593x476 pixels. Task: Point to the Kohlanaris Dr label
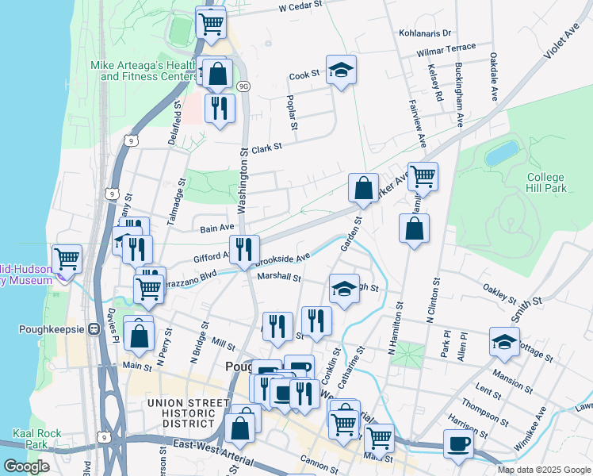[x=425, y=33]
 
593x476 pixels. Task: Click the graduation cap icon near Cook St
[x=341, y=70]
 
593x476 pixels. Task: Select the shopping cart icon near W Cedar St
[x=210, y=21]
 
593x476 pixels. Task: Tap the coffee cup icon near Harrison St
[x=457, y=443]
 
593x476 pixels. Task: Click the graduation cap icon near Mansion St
[x=504, y=341]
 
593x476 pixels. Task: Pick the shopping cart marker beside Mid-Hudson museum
[x=67, y=258]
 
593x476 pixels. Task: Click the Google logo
[x=26, y=466]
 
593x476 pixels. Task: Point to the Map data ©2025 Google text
[x=543, y=470]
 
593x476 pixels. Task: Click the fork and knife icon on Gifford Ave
[x=244, y=249]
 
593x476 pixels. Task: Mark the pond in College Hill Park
[x=501, y=153]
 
